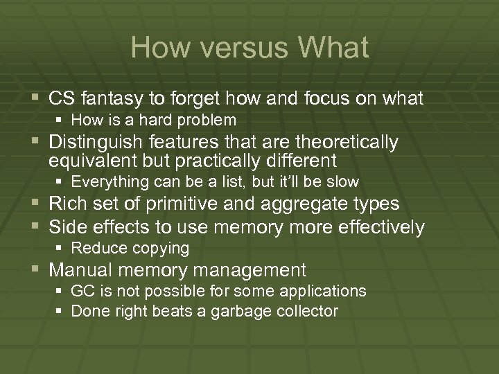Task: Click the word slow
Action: tap(344, 182)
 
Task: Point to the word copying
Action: tap(164, 248)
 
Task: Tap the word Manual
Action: tap(77, 269)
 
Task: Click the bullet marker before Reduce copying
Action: tap(61, 248)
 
